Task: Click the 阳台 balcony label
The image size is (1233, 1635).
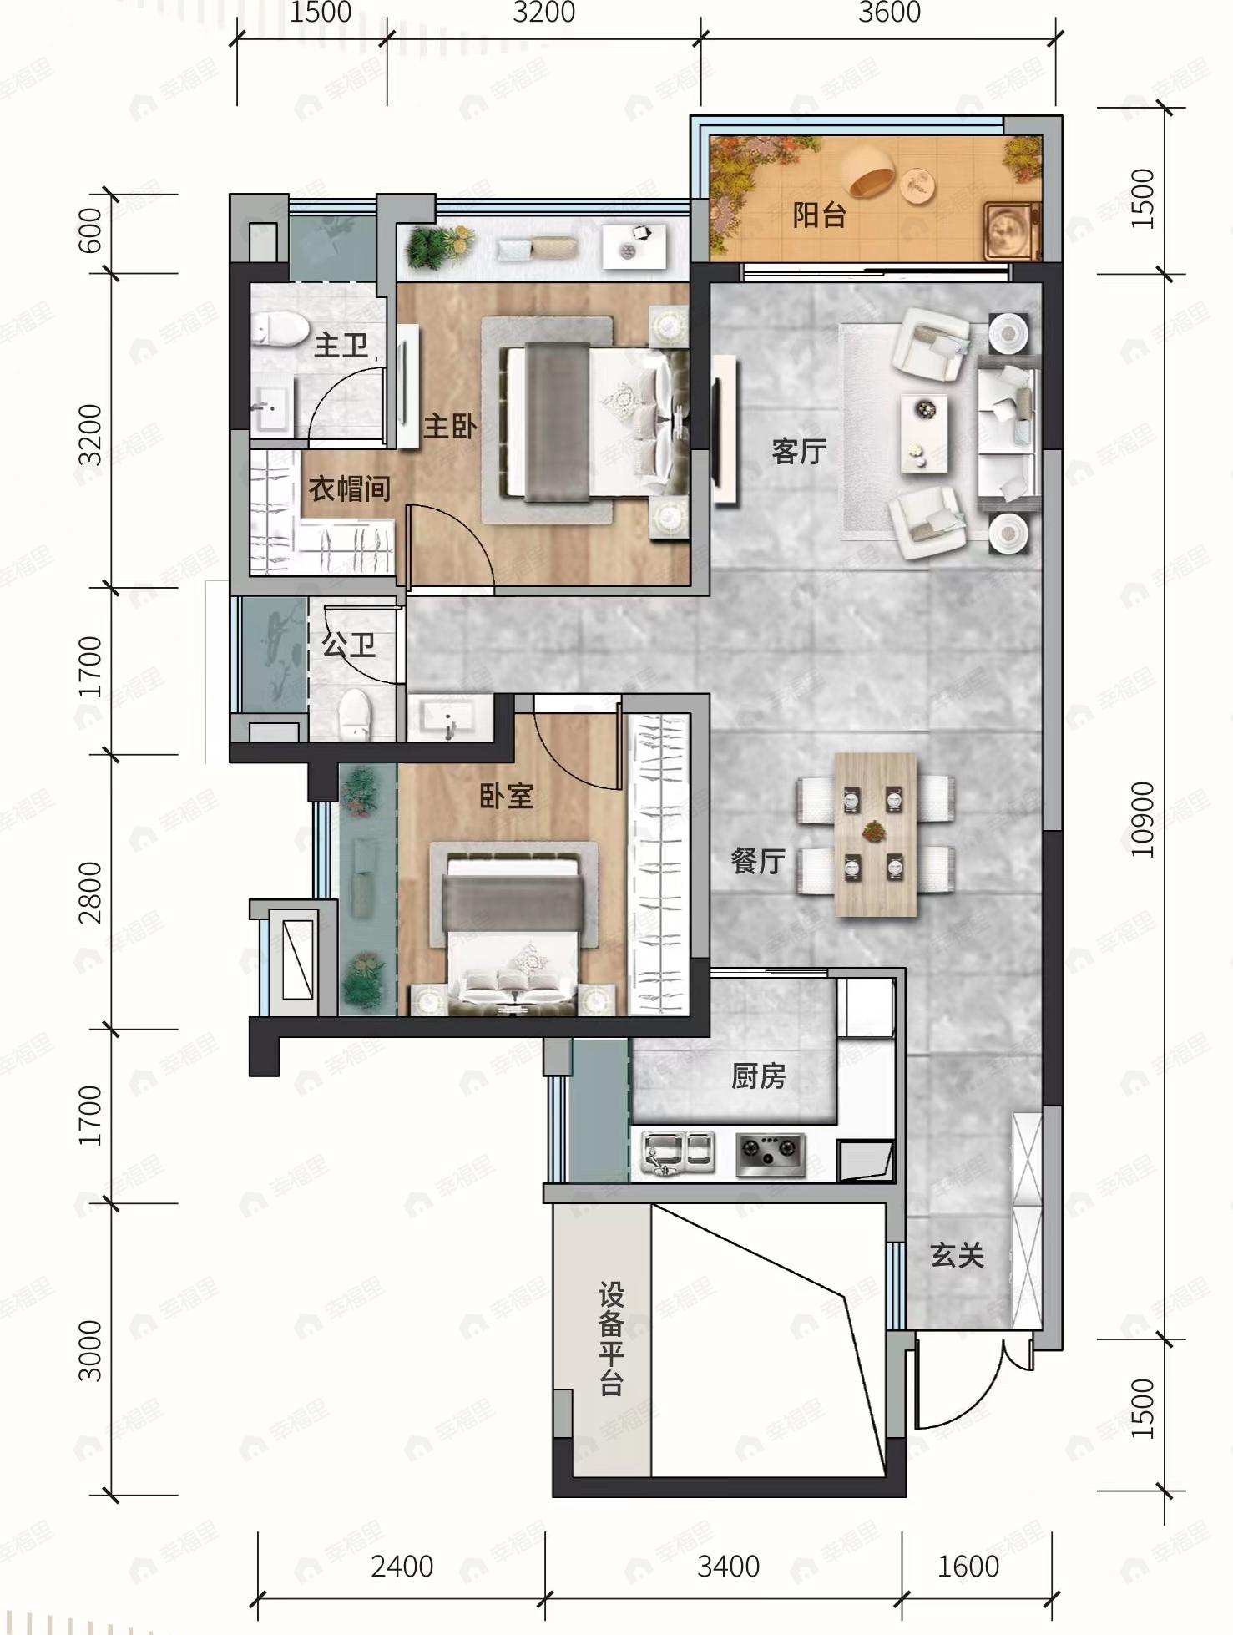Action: click(819, 215)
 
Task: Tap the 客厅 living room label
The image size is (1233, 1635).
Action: click(799, 451)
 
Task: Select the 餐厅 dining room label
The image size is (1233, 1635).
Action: click(758, 861)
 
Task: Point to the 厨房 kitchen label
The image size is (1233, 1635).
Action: click(759, 1076)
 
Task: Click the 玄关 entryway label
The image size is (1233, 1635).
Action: click(958, 1255)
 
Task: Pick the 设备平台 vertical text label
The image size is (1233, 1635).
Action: click(611, 1340)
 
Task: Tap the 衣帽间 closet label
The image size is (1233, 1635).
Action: click(350, 488)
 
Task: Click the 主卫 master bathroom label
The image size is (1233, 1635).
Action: click(341, 345)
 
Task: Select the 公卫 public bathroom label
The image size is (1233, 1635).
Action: click(348, 645)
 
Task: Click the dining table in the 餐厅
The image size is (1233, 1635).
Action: click(875, 834)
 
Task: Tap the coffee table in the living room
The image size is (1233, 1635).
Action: click(924, 433)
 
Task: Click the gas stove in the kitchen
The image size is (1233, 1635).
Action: click(770, 1154)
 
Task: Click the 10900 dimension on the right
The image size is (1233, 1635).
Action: click(1142, 819)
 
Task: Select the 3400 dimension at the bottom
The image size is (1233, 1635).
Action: click(728, 1567)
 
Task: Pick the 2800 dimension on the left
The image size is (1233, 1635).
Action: click(90, 893)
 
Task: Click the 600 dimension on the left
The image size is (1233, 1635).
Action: click(90, 230)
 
